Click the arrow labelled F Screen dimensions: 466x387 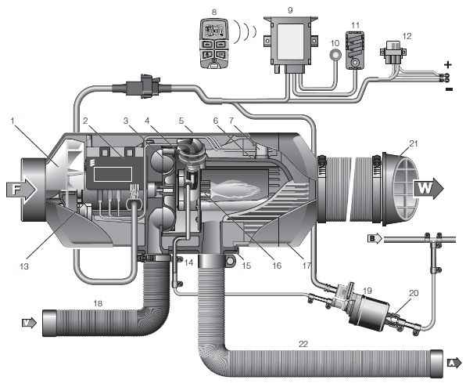point(21,190)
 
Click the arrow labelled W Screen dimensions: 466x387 point(428,188)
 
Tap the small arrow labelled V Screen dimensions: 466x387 point(30,323)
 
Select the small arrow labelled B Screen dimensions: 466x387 point(375,239)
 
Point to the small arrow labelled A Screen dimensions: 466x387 point(454,363)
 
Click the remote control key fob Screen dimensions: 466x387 point(214,43)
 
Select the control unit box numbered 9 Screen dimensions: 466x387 point(291,44)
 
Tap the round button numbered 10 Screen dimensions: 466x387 point(336,55)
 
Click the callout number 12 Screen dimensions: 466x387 point(407,36)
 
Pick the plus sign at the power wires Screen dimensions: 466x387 point(447,64)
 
